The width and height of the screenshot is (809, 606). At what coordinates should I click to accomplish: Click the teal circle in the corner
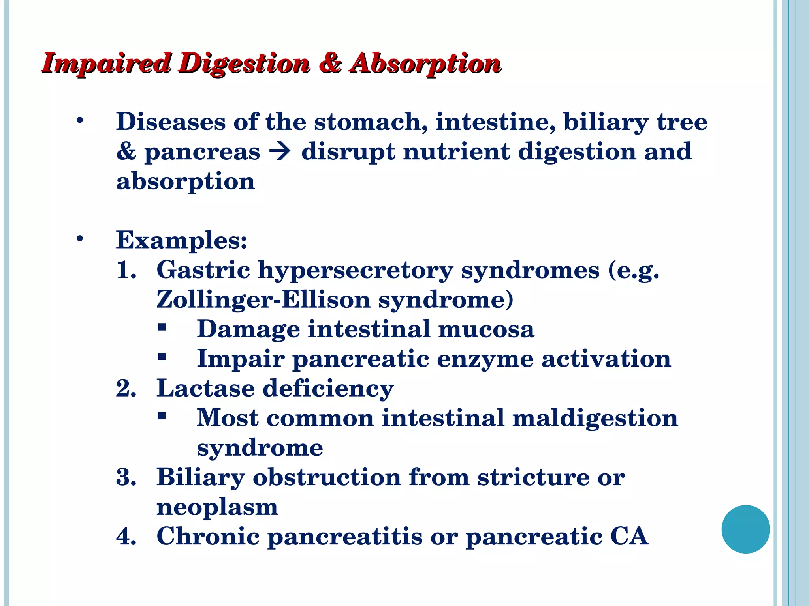745,529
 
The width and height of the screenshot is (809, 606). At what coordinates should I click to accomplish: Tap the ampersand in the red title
331,63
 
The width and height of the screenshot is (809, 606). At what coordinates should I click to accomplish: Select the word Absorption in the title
426,64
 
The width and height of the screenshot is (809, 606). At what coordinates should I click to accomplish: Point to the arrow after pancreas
280,151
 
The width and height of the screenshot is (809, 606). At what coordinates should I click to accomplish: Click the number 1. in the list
126,270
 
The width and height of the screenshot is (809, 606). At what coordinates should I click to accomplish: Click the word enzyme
485,359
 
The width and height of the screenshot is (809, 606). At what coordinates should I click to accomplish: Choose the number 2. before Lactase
126,388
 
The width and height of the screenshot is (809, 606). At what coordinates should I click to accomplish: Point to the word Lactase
205,388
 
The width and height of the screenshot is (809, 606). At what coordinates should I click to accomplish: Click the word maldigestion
595,418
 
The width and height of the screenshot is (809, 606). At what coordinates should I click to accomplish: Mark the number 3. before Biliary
126,477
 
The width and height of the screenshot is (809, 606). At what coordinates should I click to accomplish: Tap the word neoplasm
217,507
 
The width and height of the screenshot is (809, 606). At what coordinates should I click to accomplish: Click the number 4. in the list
126,537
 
